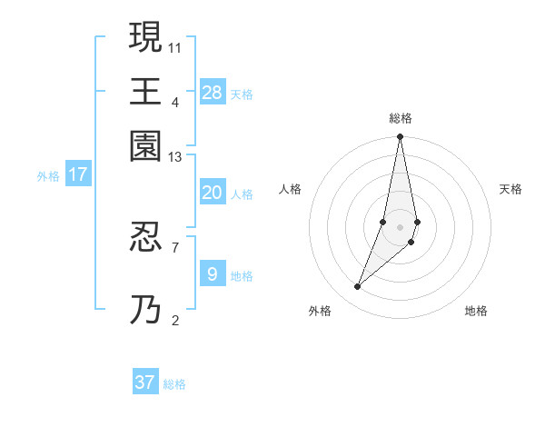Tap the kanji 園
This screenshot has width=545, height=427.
point(145,145)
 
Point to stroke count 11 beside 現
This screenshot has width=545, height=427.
point(175,46)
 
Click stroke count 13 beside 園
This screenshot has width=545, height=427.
point(175,157)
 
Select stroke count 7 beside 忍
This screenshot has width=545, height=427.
point(175,246)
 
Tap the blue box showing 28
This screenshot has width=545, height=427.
point(213,92)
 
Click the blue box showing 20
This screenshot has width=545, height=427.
point(213,193)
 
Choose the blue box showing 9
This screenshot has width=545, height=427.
point(213,273)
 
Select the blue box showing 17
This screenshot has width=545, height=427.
point(78,174)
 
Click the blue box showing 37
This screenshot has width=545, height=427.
point(145,382)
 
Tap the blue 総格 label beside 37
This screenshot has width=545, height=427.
point(174,384)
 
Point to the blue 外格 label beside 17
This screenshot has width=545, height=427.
point(48,176)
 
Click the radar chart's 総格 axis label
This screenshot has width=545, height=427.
point(401,118)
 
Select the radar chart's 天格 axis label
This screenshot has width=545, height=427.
point(510,189)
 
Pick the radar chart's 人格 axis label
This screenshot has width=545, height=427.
point(291,189)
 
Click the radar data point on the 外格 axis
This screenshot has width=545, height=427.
point(358,287)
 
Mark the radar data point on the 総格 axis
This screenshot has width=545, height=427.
point(401,138)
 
